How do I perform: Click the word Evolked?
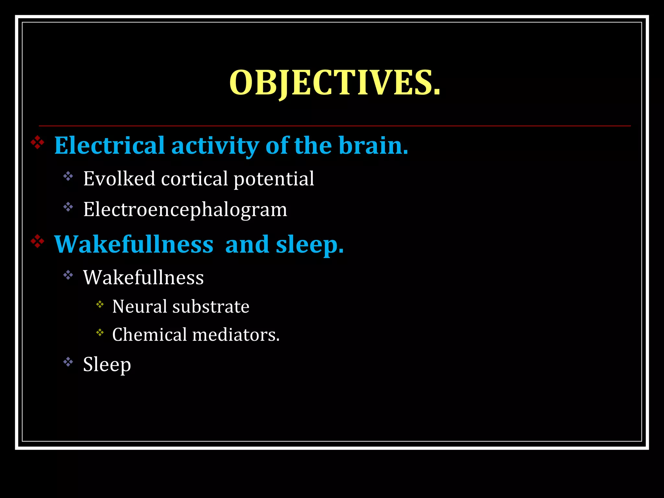tap(119, 179)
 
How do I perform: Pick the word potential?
tap(274, 179)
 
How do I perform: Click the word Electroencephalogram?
tap(185, 209)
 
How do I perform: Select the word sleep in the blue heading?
tap(309, 245)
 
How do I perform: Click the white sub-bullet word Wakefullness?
tap(143, 278)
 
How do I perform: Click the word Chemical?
tap(150, 335)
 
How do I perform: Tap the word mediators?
tap(236, 335)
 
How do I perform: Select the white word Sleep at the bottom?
tap(107, 364)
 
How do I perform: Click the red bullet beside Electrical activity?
tap(38, 143)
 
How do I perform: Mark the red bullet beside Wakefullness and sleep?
tap(38, 242)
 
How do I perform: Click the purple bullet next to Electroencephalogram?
tap(68, 207)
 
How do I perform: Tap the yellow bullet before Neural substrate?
tap(100, 304)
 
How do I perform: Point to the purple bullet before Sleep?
tap(68, 362)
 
